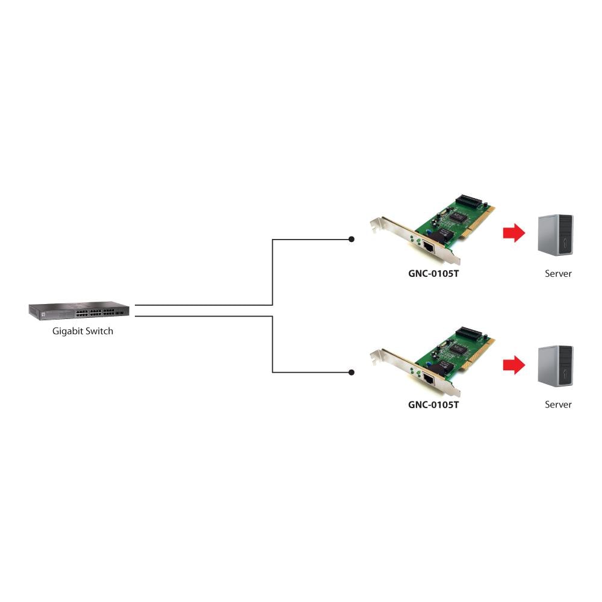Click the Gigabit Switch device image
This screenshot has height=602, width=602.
[79, 311]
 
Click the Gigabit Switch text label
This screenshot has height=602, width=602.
[82, 331]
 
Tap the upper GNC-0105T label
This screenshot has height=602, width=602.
[433, 274]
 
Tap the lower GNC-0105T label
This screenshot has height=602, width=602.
[433, 405]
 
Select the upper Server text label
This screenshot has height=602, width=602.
[558, 274]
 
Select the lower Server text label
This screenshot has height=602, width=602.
[558, 405]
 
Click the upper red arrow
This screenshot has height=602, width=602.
[514, 232]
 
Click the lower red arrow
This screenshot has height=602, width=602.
[514, 365]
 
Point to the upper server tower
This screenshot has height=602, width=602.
[556, 235]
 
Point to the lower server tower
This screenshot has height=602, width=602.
[556, 366]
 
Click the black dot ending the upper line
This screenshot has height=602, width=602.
[352, 239]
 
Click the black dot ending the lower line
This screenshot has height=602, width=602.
[352, 373]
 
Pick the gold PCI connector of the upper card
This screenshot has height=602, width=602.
[479, 223]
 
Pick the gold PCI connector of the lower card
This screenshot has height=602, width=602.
[479, 356]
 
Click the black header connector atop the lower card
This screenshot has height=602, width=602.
[469, 334]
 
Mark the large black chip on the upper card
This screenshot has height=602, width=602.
[459, 216]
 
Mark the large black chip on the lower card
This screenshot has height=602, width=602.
[459, 349]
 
